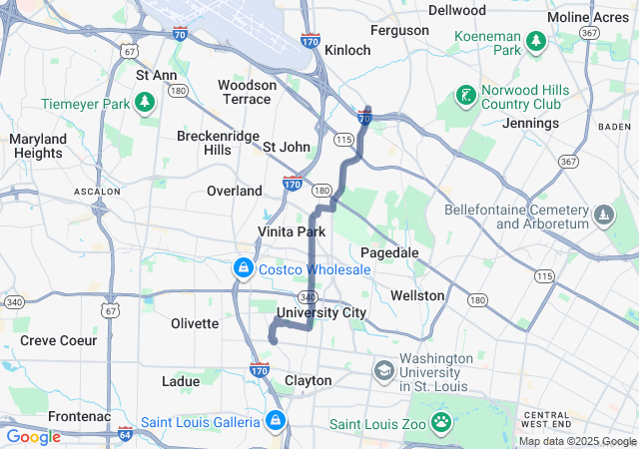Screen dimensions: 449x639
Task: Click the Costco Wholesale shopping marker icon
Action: pyautogui.click(x=243, y=268)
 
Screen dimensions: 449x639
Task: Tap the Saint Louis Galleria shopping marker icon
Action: pyautogui.click(x=275, y=422)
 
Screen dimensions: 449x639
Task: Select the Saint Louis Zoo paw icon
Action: pyautogui.click(x=440, y=423)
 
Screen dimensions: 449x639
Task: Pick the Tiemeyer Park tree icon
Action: pyautogui.click(x=145, y=103)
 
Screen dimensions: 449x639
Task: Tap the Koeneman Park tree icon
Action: pyautogui.click(x=536, y=40)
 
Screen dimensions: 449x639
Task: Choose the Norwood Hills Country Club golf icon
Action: pyautogui.click(x=465, y=97)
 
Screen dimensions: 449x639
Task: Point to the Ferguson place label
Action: pyautogui.click(x=398, y=30)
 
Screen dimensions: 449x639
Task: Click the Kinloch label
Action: pyautogui.click(x=348, y=49)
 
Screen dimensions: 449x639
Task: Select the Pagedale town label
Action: pyautogui.click(x=389, y=252)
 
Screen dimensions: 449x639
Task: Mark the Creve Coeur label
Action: pyautogui.click(x=59, y=340)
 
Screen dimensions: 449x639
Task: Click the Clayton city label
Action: pyautogui.click(x=309, y=380)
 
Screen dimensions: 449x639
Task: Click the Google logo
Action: pyautogui.click(x=33, y=437)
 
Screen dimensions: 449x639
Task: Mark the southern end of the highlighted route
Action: pyautogui.click(x=273, y=341)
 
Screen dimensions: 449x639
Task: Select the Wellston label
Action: pyautogui.click(x=417, y=295)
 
